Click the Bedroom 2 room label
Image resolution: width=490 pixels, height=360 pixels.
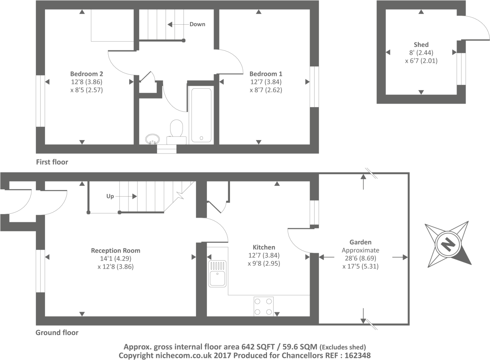[87, 74]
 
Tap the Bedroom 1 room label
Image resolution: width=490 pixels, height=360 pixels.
[266, 74]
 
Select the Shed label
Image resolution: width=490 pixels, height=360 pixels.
[421, 45]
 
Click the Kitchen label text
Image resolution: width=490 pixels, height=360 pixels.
[264, 247]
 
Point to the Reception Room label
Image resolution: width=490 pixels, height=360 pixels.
[115, 251]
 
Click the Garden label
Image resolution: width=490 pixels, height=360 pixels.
[360, 242]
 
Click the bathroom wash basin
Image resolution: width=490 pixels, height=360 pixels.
[153, 139]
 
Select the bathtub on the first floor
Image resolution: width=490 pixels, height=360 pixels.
[201, 115]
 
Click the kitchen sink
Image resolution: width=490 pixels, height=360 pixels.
[217, 274]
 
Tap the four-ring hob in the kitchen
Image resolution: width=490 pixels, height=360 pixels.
[263, 307]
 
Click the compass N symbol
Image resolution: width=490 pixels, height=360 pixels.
[448, 244]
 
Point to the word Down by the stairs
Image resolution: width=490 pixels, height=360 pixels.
[197, 24]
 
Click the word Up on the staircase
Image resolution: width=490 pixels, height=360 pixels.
[110, 196]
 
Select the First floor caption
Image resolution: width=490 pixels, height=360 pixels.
[52, 162]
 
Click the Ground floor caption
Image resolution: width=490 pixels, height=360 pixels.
[57, 333]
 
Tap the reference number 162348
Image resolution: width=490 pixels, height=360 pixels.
[357, 355]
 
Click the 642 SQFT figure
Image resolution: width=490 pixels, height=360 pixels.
[258, 347]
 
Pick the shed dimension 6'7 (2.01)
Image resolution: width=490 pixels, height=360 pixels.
[421, 61]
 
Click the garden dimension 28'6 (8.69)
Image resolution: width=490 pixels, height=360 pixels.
[360, 259]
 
